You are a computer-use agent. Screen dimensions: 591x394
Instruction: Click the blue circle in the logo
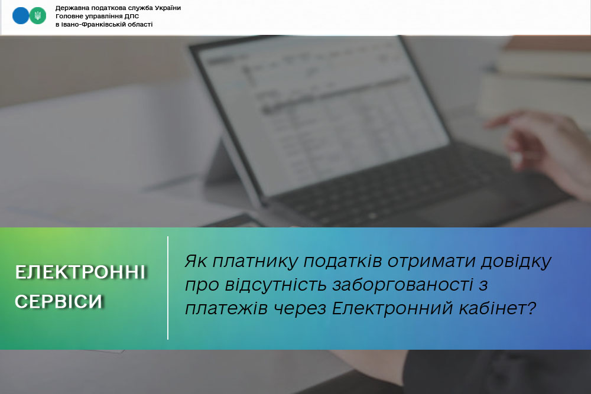tap(20, 16)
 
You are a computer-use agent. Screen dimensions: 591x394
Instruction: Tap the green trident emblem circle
tap(38, 16)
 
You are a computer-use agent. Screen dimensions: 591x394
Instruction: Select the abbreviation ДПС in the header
tap(132, 16)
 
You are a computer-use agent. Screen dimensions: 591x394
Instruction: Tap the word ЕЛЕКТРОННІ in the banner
tap(80, 272)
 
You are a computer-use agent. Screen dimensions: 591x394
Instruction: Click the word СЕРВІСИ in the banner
tap(59, 301)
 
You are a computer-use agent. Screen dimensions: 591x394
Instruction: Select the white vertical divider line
tap(168, 288)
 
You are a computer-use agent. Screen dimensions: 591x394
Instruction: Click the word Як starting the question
tap(196, 261)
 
